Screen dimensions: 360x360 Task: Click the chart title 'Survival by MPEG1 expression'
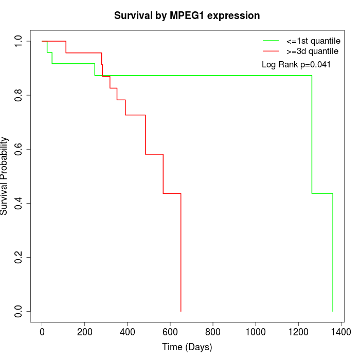point(187,15)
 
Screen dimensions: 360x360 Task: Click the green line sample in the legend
point(271,41)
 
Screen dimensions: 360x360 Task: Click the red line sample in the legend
point(271,51)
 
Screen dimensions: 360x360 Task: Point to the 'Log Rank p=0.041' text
point(296,65)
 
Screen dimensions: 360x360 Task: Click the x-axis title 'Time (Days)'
point(187,347)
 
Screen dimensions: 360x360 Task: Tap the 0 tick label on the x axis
point(42,332)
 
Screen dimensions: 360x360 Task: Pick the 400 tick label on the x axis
point(128,332)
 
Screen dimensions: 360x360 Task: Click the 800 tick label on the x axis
point(213,332)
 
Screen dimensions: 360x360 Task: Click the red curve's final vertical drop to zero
point(181,252)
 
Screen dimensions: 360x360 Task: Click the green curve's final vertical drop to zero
point(333,252)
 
